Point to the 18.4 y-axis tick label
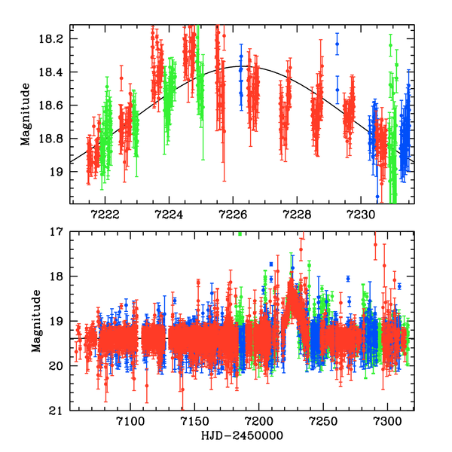[x=55, y=72]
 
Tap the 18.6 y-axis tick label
[x=55, y=105]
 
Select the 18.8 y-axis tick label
[x=55, y=139]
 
